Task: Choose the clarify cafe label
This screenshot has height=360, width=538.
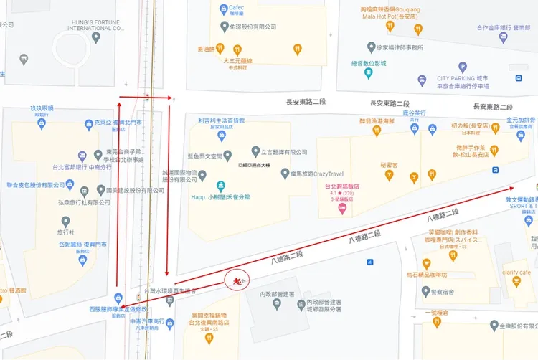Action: pos(516,273)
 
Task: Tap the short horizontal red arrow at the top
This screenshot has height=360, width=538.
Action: pos(146,97)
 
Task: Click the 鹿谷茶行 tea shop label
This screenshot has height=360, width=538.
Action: pos(414,113)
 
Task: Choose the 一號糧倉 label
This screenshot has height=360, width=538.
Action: pos(435,313)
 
